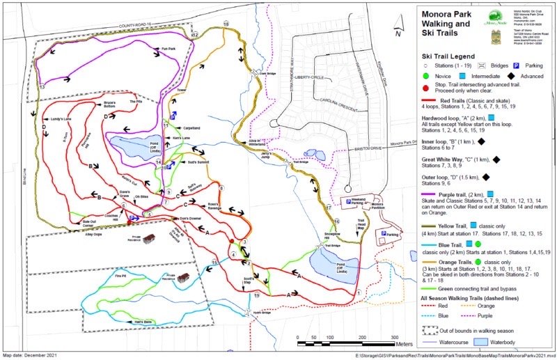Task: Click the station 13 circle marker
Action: point(42,86)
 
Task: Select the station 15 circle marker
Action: point(214,263)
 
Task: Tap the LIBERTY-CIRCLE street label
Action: point(311,77)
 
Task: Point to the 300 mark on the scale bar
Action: point(394,336)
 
